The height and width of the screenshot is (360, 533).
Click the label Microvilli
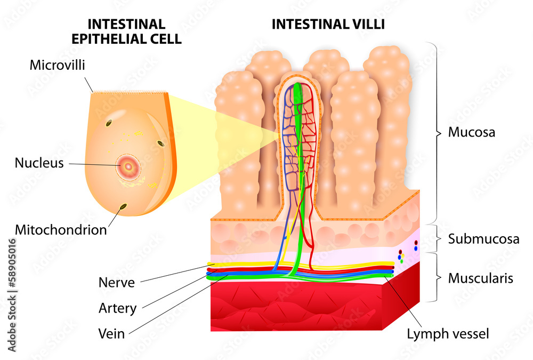[58, 66]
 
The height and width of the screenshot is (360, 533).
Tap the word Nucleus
[39, 163]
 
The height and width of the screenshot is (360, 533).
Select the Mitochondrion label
[61, 230]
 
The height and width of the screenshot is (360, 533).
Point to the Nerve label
[116, 282]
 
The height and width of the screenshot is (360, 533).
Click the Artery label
[117, 308]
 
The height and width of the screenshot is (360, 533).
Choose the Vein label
[111, 334]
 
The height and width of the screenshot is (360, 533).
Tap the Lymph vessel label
[448, 334]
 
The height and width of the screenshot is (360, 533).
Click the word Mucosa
[471, 132]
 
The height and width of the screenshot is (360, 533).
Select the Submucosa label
[483, 238]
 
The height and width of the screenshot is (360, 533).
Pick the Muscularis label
[481, 278]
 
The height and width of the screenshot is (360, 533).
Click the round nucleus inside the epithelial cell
[128, 166]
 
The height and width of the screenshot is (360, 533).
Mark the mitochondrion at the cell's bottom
[124, 207]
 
